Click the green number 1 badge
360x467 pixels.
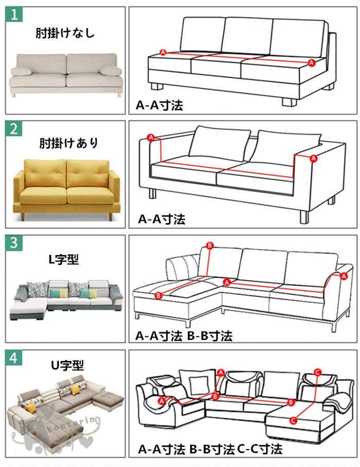click(14, 14)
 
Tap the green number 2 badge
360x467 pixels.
click(14, 129)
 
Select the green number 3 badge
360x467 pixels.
click(14, 243)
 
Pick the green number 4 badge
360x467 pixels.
click(14, 357)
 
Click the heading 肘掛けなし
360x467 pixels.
click(65, 33)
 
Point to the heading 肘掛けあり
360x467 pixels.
click(69, 143)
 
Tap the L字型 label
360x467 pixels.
click(64, 259)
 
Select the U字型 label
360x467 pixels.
click(67, 365)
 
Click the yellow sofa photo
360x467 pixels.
click(66, 189)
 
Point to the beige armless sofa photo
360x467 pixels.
click(66, 76)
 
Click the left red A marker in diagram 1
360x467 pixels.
click(163, 52)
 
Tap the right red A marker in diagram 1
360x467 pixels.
click(312, 63)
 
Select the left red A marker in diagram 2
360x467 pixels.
click(151, 138)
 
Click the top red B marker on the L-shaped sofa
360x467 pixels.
click(210, 246)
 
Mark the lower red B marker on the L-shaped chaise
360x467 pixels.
click(158, 295)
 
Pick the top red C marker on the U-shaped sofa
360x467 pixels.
click(317, 372)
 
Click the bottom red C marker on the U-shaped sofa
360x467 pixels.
click(294, 421)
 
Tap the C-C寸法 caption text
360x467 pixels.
click(260, 449)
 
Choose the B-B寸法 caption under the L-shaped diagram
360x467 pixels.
click(210, 336)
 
